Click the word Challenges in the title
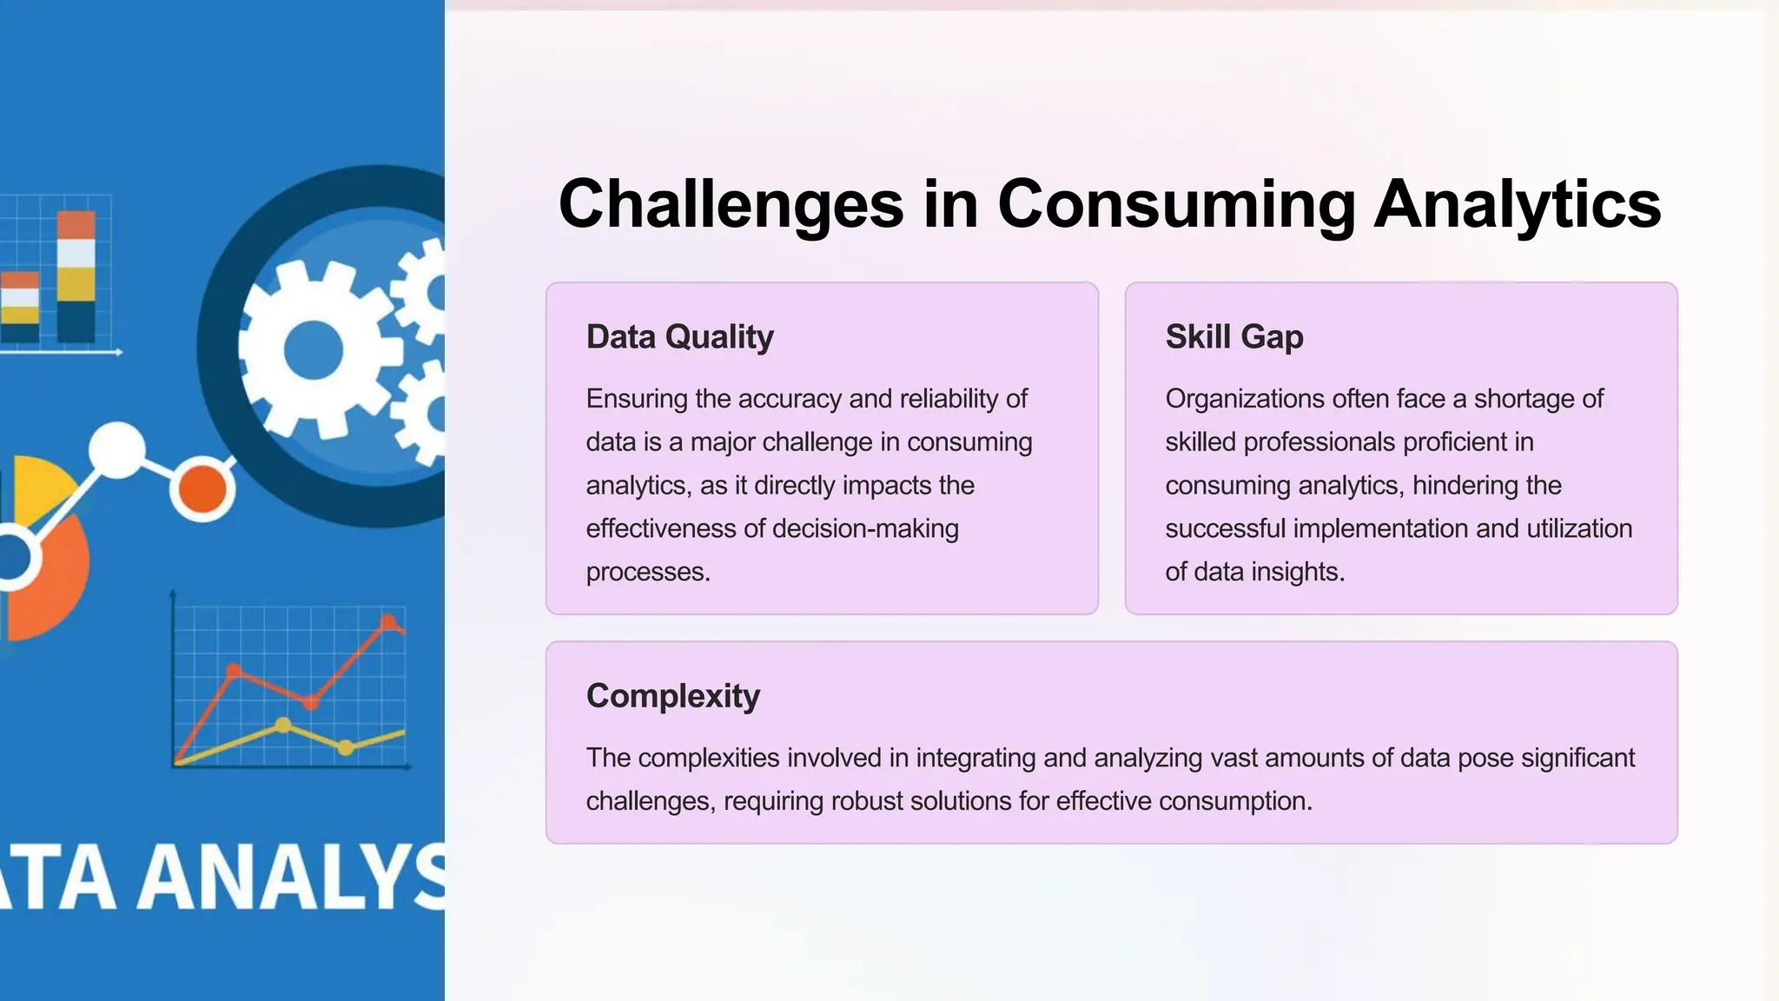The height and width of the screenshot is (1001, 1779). coord(731,204)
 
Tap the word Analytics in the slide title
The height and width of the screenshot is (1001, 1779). coord(1517,204)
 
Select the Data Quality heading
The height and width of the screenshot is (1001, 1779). coord(679,337)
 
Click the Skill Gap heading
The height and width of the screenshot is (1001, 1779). coord(1233,337)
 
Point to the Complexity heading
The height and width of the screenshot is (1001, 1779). coord(672,696)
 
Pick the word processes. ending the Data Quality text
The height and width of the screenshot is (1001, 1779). coord(648,572)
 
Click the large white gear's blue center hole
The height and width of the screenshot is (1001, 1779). coord(313,350)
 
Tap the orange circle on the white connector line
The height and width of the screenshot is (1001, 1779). coord(202,488)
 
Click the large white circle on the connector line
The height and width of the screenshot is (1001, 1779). coord(116,449)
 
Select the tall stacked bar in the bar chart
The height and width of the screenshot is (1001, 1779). coord(76,276)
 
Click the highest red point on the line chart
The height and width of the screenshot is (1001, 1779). coord(388,621)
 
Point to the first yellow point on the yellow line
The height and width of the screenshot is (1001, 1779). coord(283,725)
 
